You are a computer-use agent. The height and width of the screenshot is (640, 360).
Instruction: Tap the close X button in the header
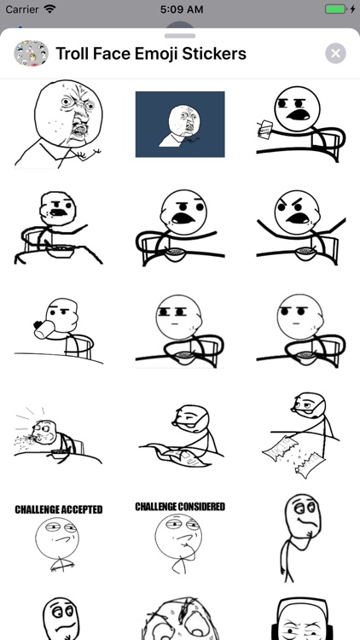[335, 54]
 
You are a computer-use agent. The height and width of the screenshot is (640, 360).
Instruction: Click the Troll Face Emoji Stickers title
[151, 54]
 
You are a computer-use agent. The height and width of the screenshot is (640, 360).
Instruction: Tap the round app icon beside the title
[31, 54]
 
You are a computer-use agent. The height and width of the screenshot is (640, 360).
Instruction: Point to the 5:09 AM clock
[180, 9]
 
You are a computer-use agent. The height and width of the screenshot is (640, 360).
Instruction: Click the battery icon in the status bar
[336, 9]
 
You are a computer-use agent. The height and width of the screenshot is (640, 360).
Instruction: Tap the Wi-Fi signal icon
[50, 9]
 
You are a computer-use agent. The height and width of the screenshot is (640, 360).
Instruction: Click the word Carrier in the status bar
[22, 9]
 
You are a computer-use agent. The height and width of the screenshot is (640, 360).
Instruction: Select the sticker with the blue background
[180, 125]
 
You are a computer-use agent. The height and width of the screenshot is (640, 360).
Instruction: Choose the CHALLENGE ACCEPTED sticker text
[58, 509]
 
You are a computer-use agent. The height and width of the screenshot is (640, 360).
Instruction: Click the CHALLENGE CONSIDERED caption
[180, 507]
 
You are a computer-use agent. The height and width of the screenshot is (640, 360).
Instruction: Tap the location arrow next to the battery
[316, 9]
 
